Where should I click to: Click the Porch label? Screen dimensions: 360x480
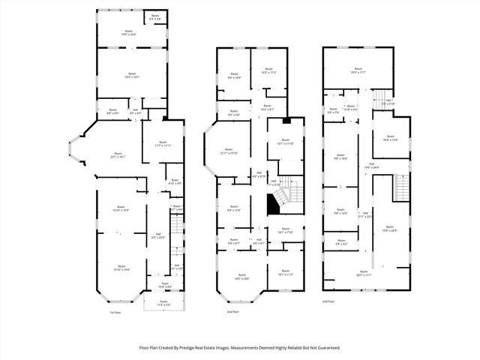pyautogui.click(x=163, y=303)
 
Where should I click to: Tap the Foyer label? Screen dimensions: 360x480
pyautogui.click(x=163, y=286)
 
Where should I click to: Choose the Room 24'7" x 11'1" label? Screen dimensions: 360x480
pyautogui.click(x=364, y=273)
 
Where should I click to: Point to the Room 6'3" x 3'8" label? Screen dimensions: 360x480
pyautogui.click(x=155, y=17)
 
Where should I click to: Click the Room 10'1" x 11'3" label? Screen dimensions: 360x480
pyautogui.click(x=286, y=274)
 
